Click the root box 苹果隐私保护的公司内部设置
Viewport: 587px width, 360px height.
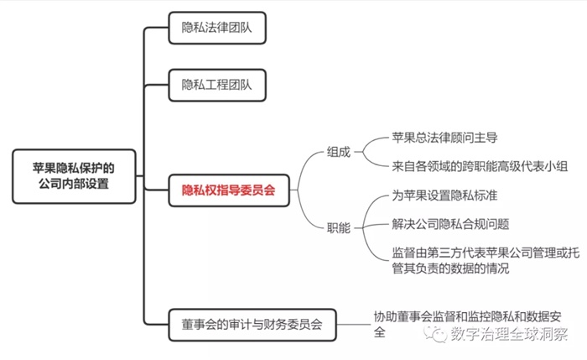(x=74, y=175)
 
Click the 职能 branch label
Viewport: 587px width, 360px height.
(x=339, y=227)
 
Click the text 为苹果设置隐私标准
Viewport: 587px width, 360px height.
(x=447, y=196)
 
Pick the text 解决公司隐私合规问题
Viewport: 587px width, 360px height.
(x=450, y=224)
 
